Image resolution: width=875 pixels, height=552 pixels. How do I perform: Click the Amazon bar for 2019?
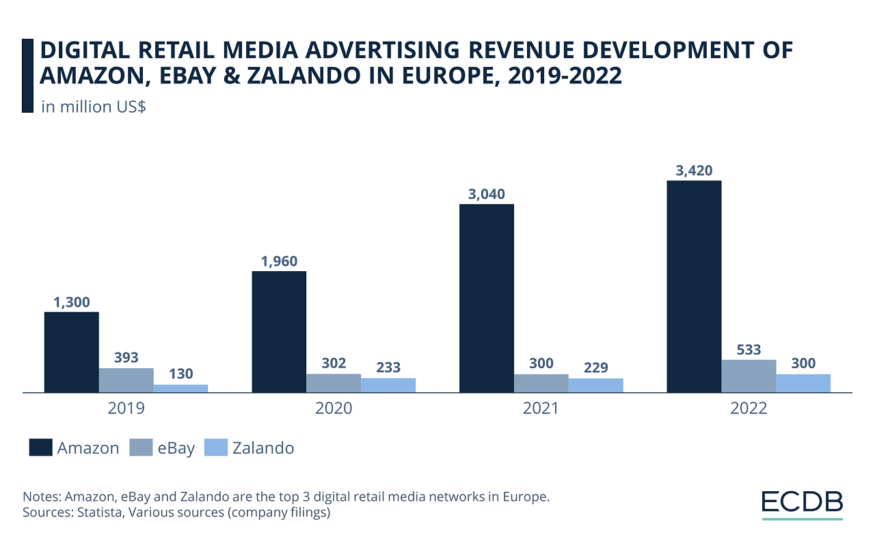(x=72, y=352)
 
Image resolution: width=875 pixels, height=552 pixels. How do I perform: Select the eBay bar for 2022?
(x=749, y=376)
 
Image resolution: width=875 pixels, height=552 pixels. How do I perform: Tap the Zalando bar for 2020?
(x=388, y=385)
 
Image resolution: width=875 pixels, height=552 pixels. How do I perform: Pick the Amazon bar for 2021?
(x=486, y=298)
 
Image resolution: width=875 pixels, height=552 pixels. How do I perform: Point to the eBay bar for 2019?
(x=126, y=381)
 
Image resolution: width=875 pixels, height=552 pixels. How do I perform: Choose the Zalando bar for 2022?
(x=803, y=383)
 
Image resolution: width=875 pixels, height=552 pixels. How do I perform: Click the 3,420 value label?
(x=694, y=171)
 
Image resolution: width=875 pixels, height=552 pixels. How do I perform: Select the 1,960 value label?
(x=279, y=262)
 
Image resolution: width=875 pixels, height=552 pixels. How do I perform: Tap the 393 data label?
(x=126, y=358)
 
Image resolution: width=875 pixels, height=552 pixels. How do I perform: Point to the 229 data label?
(x=595, y=368)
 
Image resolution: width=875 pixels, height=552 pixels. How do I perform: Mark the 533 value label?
(x=749, y=350)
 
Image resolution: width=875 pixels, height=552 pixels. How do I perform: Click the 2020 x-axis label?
(x=334, y=409)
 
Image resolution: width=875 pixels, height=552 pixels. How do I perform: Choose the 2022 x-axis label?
(x=749, y=409)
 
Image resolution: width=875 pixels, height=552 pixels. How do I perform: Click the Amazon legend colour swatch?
(x=41, y=448)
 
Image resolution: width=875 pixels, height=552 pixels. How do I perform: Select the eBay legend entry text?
(x=175, y=448)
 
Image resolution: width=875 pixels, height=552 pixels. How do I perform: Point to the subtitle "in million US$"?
(x=93, y=107)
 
